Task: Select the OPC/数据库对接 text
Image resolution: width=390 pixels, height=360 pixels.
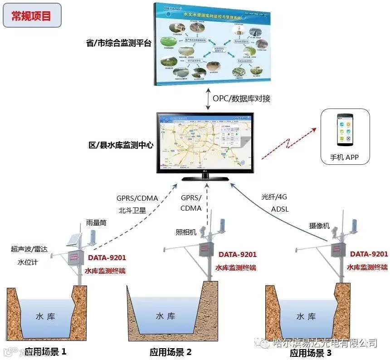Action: pos(241,98)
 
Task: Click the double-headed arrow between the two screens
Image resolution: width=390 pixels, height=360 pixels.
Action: pos(207,98)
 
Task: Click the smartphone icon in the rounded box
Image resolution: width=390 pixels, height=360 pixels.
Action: pos(345,130)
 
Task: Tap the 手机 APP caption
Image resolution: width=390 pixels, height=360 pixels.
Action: pos(345,158)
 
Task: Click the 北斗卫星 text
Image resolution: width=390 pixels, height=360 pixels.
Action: pos(132,211)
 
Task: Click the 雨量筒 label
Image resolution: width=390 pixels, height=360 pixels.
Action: pos(96,224)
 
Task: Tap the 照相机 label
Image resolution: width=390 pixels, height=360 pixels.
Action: pos(186,232)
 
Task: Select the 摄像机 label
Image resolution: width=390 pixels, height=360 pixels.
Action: pos(319,226)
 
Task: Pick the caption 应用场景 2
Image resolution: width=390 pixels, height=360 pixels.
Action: pos(171,352)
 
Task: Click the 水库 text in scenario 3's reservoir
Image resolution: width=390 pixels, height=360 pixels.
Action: pos(306,316)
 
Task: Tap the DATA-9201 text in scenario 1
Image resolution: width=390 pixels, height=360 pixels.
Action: pos(107,258)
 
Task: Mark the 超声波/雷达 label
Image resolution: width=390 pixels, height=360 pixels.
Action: pos(29,249)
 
